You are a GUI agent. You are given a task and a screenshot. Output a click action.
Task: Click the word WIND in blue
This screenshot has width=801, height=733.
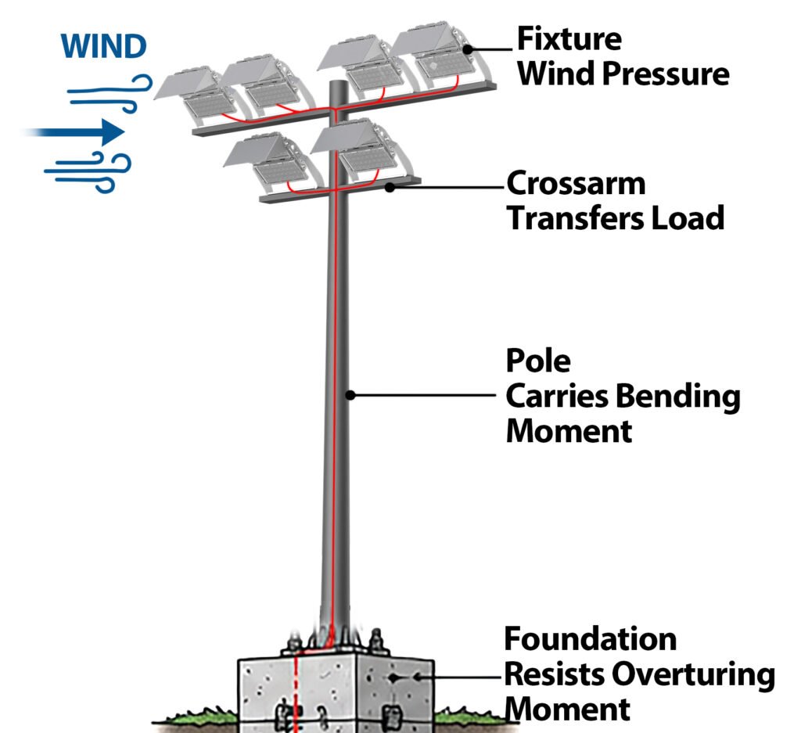pyautogui.click(x=104, y=46)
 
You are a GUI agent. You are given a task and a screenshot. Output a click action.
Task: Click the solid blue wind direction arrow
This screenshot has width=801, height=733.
pyautogui.click(x=74, y=132)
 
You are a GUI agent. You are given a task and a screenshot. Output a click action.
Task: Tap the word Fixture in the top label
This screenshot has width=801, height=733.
pyautogui.click(x=569, y=39)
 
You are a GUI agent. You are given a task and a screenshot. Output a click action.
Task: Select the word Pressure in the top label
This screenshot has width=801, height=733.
pyautogui.click(x=666, y=74)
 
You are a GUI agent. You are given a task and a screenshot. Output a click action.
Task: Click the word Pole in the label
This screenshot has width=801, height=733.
pyautogui.click(x=538, y=361)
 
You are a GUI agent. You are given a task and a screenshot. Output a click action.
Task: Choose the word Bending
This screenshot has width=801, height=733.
pyautogui.click(x=677, y=397)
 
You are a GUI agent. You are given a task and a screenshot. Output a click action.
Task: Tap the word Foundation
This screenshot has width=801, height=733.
pyautogui.click(x=590, y=639)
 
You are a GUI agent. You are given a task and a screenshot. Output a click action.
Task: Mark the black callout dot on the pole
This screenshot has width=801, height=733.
pyautogui.click(x=350, y=395)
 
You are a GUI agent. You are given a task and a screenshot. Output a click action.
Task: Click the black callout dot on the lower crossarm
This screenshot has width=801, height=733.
pyautogui.click(x=390, y=188)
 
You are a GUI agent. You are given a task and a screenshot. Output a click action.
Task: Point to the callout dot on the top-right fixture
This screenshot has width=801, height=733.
pyautogui.click(x=468, y=49)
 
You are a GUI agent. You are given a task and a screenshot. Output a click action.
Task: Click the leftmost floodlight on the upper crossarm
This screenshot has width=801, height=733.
pyautogui.click(x=196, y=95)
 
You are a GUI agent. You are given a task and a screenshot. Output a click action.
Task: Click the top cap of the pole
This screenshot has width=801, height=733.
pyautogui.click(x=338, y=83)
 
